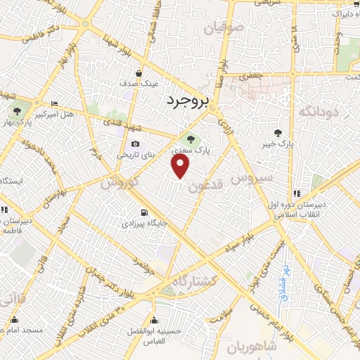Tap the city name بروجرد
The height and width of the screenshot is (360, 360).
click(x=188, y=102)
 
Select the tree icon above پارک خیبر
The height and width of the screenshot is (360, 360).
click(x=278, y=131)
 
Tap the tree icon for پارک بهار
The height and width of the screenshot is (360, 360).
click(x=15, y=110)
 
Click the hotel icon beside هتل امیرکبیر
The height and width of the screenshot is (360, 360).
click(x=55, y=104)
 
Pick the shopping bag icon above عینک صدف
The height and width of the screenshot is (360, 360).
click(x=139, y=73)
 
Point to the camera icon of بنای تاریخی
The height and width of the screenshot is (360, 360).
click(x=135, y=144)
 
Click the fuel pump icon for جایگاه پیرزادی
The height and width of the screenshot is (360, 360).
click(x=144, y=212)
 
